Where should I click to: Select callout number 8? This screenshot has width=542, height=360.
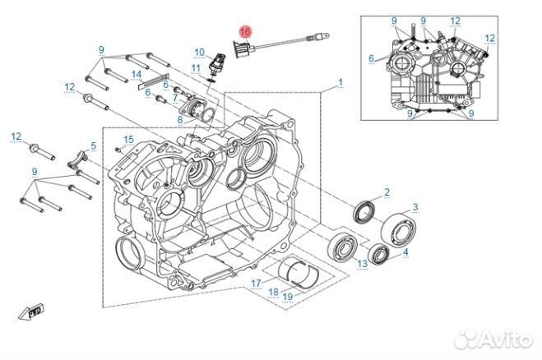pyautogui.click(x=180, y=120)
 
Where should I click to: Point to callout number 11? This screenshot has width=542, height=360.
pyautogui.click(x=196, y=67)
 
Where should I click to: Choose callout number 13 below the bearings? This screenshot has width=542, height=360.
pyautogui.click(x=362, y=263)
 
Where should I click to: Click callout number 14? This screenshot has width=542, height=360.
pyautogui.click(x=137, y=76)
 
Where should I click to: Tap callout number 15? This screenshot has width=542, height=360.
pyautogui.click(x=127, y=140)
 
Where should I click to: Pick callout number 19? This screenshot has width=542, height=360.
pyautogui.click(x=288, y=297)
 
